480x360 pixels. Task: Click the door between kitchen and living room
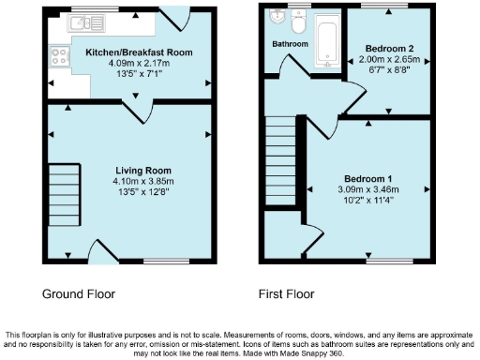click(x=141, y=111)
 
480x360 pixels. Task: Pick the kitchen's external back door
click(x=172, y=16)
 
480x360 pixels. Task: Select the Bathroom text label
click(x=289, y=44)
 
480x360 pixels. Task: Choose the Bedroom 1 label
click(x=367, y=178)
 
